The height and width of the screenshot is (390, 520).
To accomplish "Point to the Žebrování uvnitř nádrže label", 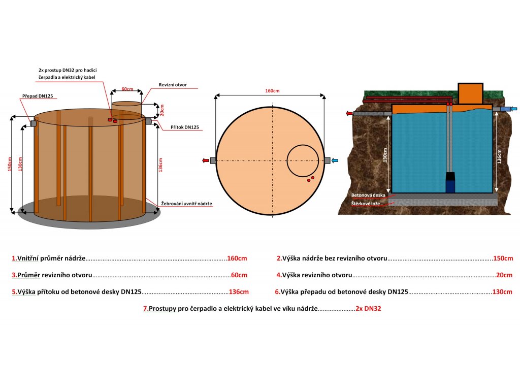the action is [x=186, y=203].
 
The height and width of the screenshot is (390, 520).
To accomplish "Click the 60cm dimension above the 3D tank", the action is [x=127, y=89].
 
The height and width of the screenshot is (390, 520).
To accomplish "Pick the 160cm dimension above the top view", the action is [x=272, y=91].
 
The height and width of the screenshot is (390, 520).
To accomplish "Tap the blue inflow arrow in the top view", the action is [x=336, y=160].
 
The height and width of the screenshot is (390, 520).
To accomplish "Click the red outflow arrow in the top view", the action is [x=205, y=160].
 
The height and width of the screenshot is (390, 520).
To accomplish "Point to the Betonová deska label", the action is [x=368, y=195].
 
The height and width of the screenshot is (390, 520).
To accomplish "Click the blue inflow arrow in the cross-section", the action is [x=514, y=108].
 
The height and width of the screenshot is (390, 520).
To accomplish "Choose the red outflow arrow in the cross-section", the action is [x=349, y=113].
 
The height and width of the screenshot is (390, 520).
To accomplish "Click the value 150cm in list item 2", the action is [x=503, y=258].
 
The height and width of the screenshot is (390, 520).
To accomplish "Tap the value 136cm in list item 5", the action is [x=239, y=292].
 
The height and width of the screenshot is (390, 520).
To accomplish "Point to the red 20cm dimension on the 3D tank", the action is [x=162, y=110].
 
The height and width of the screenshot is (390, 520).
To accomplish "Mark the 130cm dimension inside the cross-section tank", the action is [x=385, y=155].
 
